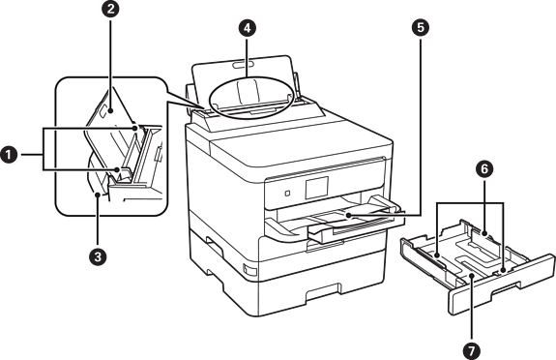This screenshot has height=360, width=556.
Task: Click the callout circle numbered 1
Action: coord(9,155)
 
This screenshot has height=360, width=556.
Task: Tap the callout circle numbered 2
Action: coord(110,9)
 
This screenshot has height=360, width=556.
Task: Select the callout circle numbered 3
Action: coord(98,256)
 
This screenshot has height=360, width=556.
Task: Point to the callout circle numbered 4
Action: coord(248,28)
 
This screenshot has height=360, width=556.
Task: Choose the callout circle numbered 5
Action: coord(421,28)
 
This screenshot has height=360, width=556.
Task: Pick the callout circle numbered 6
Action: coord(484,169)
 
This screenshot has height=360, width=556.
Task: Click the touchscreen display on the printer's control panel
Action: coord(316,188)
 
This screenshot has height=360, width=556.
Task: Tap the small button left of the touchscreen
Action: coord(287,194)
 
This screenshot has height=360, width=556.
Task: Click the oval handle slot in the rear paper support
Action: coord(244,64)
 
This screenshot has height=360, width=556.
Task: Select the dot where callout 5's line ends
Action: coord(348,216)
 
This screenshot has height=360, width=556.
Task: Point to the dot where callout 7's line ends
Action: coord(472,277)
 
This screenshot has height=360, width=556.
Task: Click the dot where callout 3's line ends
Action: coord(98,195)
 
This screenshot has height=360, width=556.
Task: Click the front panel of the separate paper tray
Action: coord(502,285)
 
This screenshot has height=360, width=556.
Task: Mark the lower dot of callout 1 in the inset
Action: coord(118,170)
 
